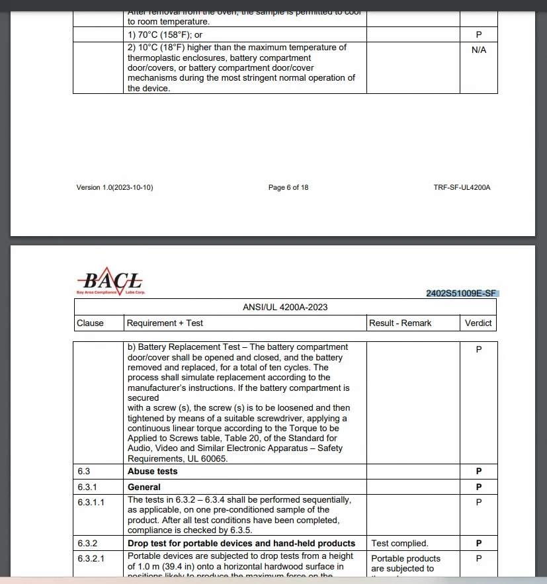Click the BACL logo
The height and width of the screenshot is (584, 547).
point(110,282)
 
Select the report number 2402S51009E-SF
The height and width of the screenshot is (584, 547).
point(461,293)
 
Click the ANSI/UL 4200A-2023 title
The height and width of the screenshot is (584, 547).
point(285,307)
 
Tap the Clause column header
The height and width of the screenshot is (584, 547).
point(91,323)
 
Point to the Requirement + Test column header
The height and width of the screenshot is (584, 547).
point(165,323)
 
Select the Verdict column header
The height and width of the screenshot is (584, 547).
point(478,323)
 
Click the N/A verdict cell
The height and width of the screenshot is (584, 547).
point(479,50)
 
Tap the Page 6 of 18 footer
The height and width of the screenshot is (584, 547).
point(288,188)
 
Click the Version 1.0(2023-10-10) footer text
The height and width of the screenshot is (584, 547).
point(114,188)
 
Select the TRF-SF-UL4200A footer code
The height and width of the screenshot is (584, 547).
point(462,188)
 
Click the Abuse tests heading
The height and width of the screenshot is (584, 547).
point(153,472)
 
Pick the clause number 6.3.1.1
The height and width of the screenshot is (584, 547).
point(91,501)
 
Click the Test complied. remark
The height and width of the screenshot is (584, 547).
point(400,544)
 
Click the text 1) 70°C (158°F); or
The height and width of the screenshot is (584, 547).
point(165,34)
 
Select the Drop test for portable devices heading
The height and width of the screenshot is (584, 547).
point(241,544)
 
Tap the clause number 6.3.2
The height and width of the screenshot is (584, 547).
point(87,544)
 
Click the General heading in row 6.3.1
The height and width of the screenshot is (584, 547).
point(144,487)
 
